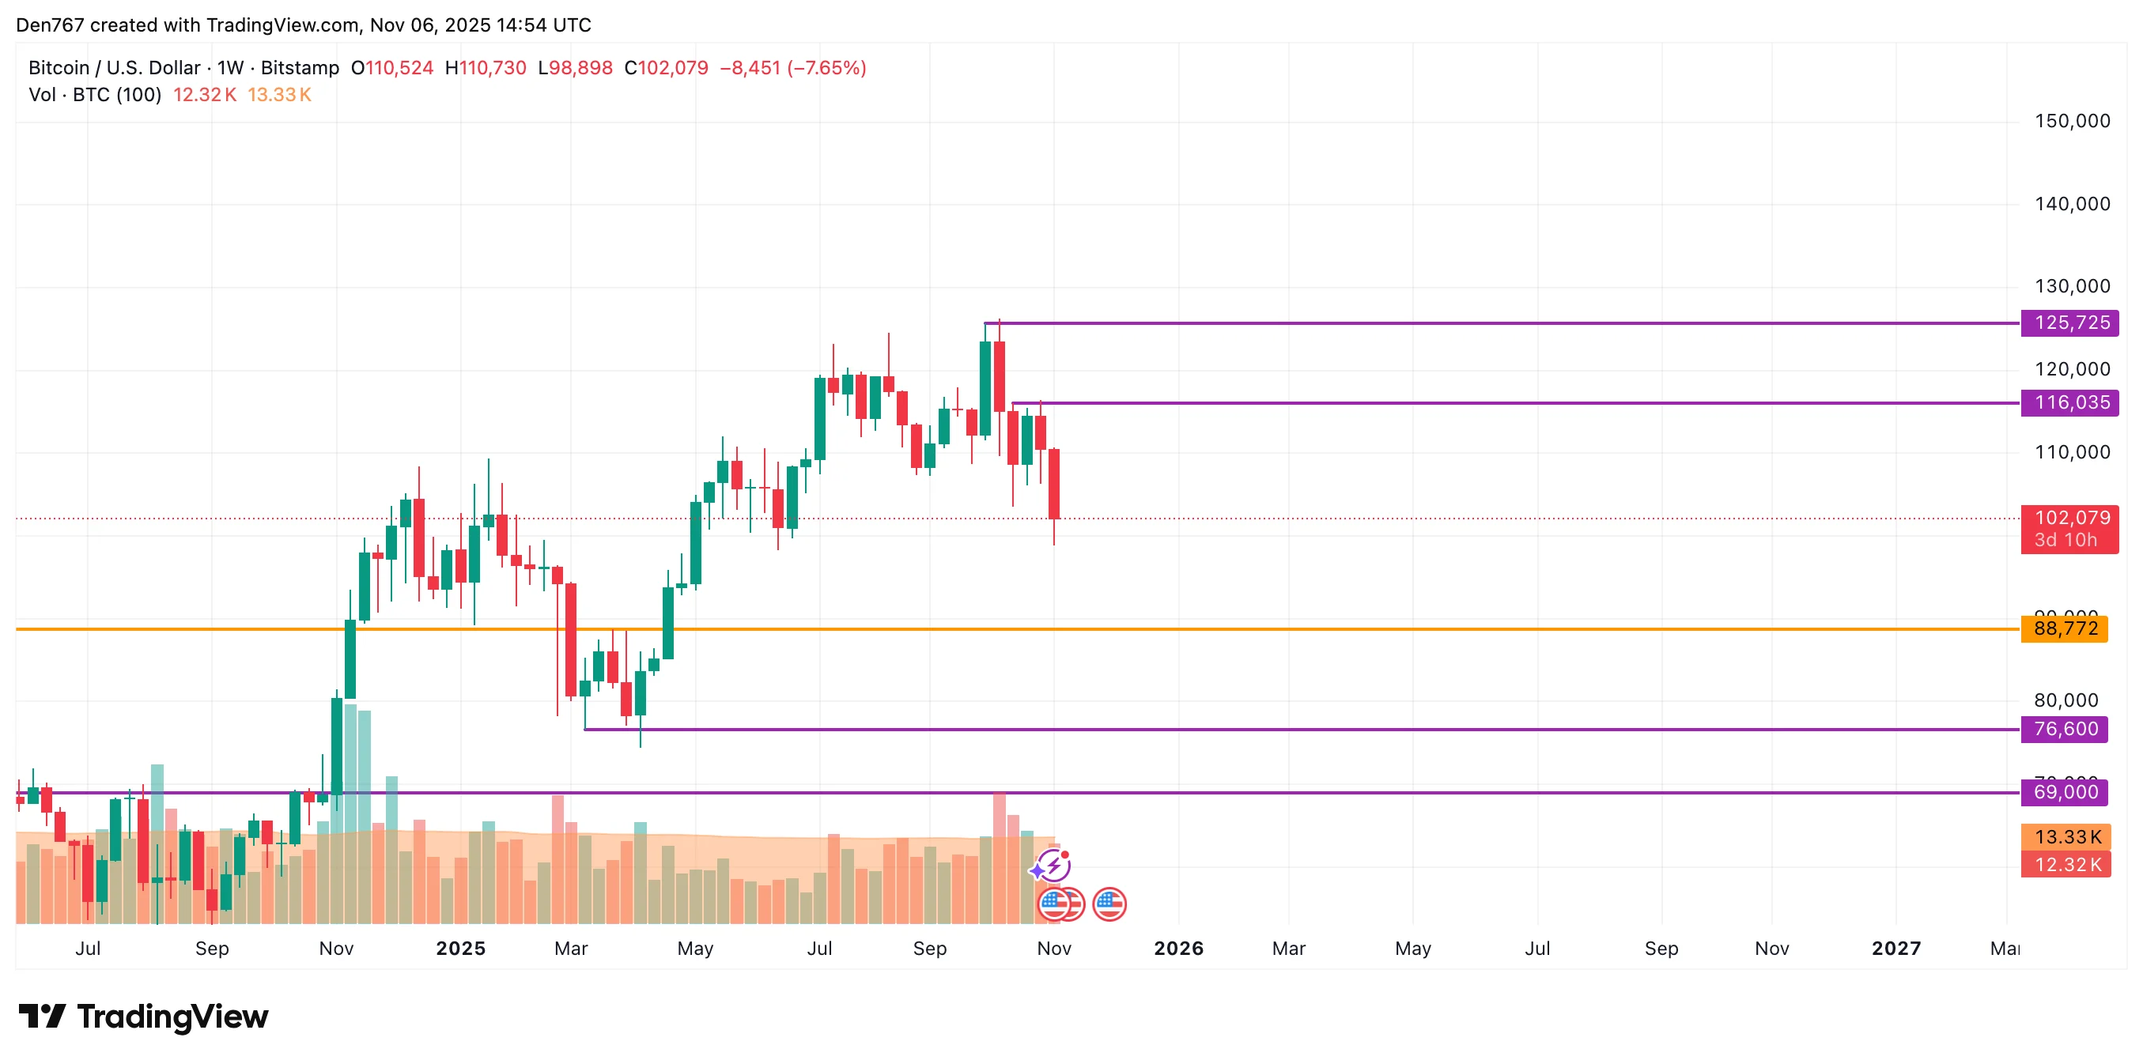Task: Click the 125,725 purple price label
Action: [2070, 323]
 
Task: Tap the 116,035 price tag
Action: [2070, 402]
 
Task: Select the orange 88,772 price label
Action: [2065, 629]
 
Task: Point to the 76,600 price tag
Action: [2065, 730]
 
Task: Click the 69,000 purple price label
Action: [2065, 792]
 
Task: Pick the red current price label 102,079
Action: [2070, 519]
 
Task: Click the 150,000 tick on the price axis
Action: [2072, 122]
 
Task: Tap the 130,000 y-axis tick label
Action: [2072, 286]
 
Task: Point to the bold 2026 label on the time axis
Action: [1178, 949]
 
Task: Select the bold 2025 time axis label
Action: [460, 949]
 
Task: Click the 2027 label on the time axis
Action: [1896, 949]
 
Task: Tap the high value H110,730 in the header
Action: [486, 68]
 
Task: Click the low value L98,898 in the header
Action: [576, 68]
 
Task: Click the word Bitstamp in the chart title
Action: [300, 68]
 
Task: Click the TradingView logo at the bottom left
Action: [144, 1017]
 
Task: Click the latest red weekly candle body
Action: [1054, 483]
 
